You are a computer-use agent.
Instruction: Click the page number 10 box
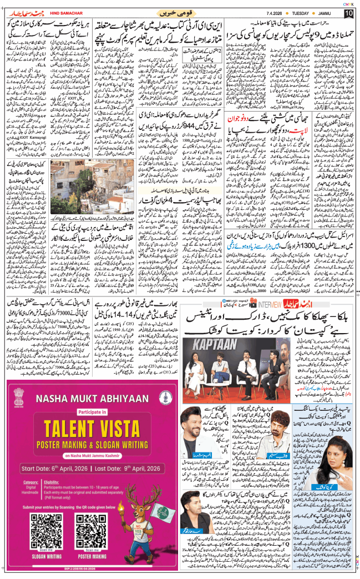click(x=348, y=13)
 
